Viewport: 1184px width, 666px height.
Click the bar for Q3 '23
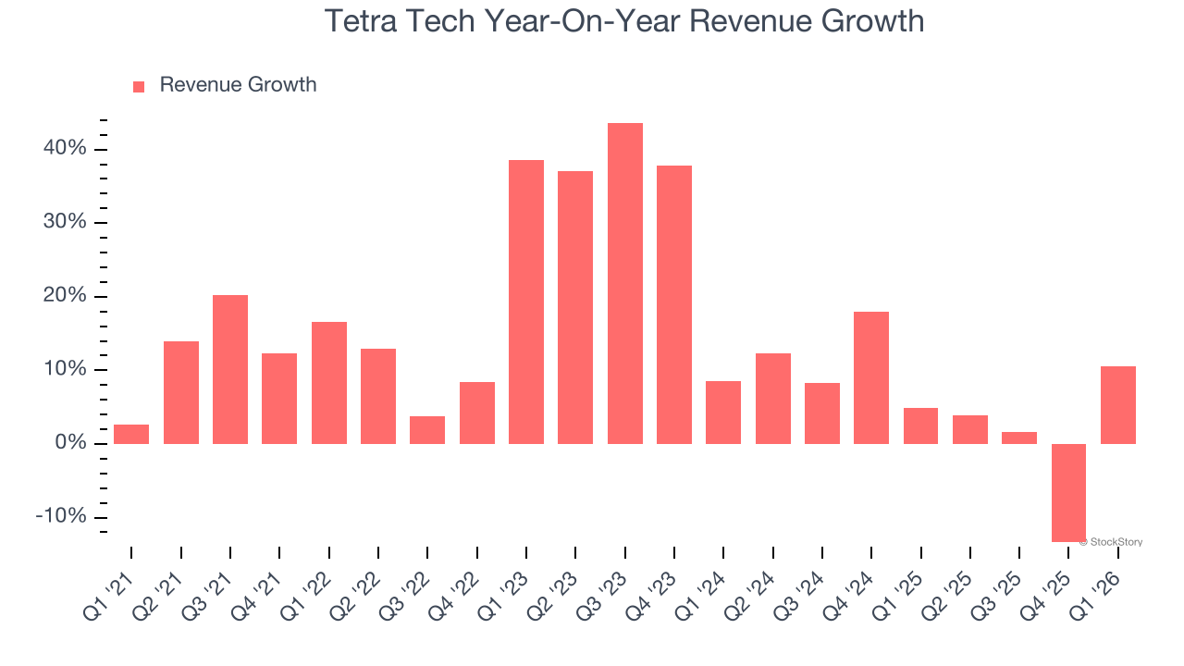tap(624, 283)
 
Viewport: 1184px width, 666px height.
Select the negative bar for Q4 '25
tap(1068, 492)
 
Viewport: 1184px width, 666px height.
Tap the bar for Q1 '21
tap(131, 434)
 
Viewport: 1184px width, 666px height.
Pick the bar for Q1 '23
tap(526, 302)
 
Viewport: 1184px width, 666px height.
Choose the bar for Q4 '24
tap(871, 377)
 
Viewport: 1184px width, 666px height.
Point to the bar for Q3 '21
tap(230, 369)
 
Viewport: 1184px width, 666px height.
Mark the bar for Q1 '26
tap(1117, 404)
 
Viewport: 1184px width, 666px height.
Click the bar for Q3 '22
tap(427, 429)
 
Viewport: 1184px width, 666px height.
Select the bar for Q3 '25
tap(1019, 438)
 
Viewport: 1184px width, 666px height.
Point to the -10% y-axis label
tap(61, 516)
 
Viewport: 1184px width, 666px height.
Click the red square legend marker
tap(139, 86)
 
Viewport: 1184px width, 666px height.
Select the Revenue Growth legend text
tap(238, 85)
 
